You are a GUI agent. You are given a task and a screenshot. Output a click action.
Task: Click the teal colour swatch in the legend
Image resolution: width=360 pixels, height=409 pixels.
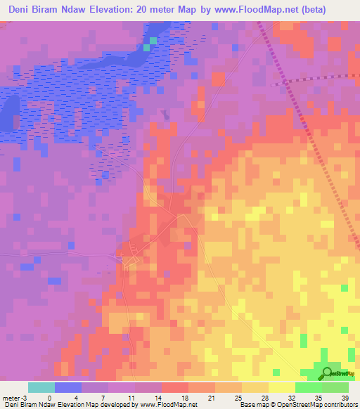pos(41,387)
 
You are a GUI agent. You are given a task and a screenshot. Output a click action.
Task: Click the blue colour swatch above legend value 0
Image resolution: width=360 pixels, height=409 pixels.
pos(68,387)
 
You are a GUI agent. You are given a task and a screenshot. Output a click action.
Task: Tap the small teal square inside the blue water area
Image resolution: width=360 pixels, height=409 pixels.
pos(146,48)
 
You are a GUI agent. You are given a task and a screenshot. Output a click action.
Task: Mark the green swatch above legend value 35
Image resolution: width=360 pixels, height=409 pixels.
pos(309,387)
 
